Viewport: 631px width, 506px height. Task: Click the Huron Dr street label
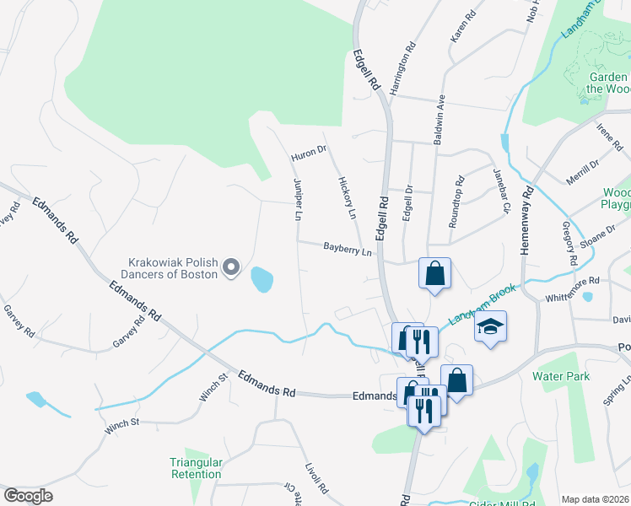(x=308, y=153)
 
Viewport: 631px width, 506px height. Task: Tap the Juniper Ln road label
(x=297, y=200)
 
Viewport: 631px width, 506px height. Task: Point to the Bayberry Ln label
(x=348, y=248)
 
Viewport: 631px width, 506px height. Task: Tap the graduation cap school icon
(x=489, y=327)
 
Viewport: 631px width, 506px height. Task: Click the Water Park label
(x=561, y=376)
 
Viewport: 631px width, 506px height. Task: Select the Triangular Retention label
(x=196, y=468)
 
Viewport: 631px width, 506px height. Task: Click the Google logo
(x=28, y=496)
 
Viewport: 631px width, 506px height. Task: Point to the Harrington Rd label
(x=403, y=67)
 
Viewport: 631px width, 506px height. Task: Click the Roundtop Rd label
(x=456, y=196)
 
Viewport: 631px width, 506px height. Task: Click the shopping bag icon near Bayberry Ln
(x=434, y=274)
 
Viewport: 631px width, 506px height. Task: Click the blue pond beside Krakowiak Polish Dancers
(x=262, y=278)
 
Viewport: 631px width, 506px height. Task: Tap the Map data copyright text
(x=596, y=499)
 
